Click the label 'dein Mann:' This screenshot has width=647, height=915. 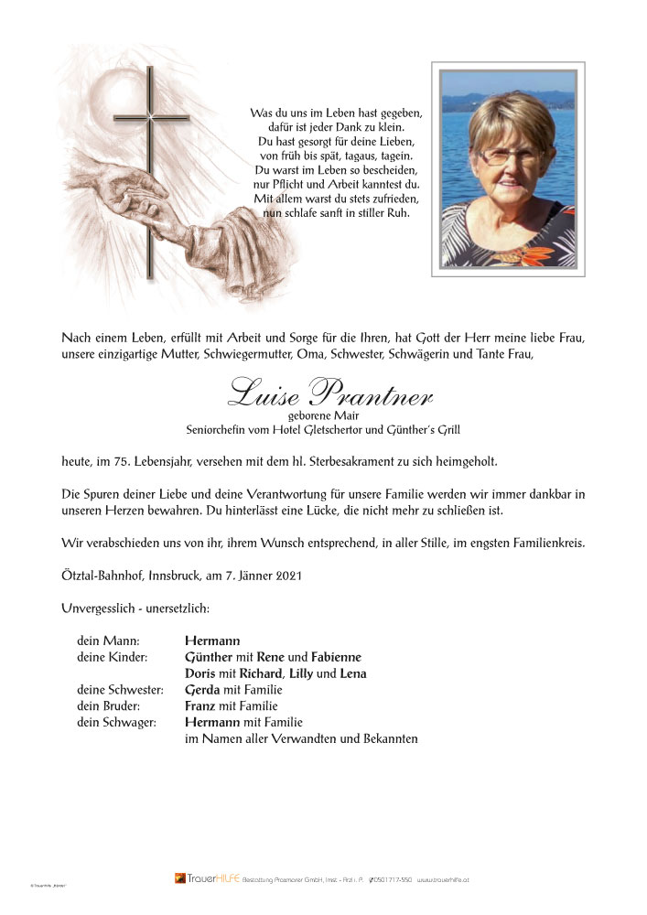coord(109,640)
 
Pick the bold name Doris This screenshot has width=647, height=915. coord(200,673)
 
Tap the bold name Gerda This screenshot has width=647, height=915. coord(201,690)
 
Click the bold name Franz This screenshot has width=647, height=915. coord(200,706)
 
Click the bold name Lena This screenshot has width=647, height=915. coord(353,673)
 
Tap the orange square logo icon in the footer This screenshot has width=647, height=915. coord(180,878)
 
